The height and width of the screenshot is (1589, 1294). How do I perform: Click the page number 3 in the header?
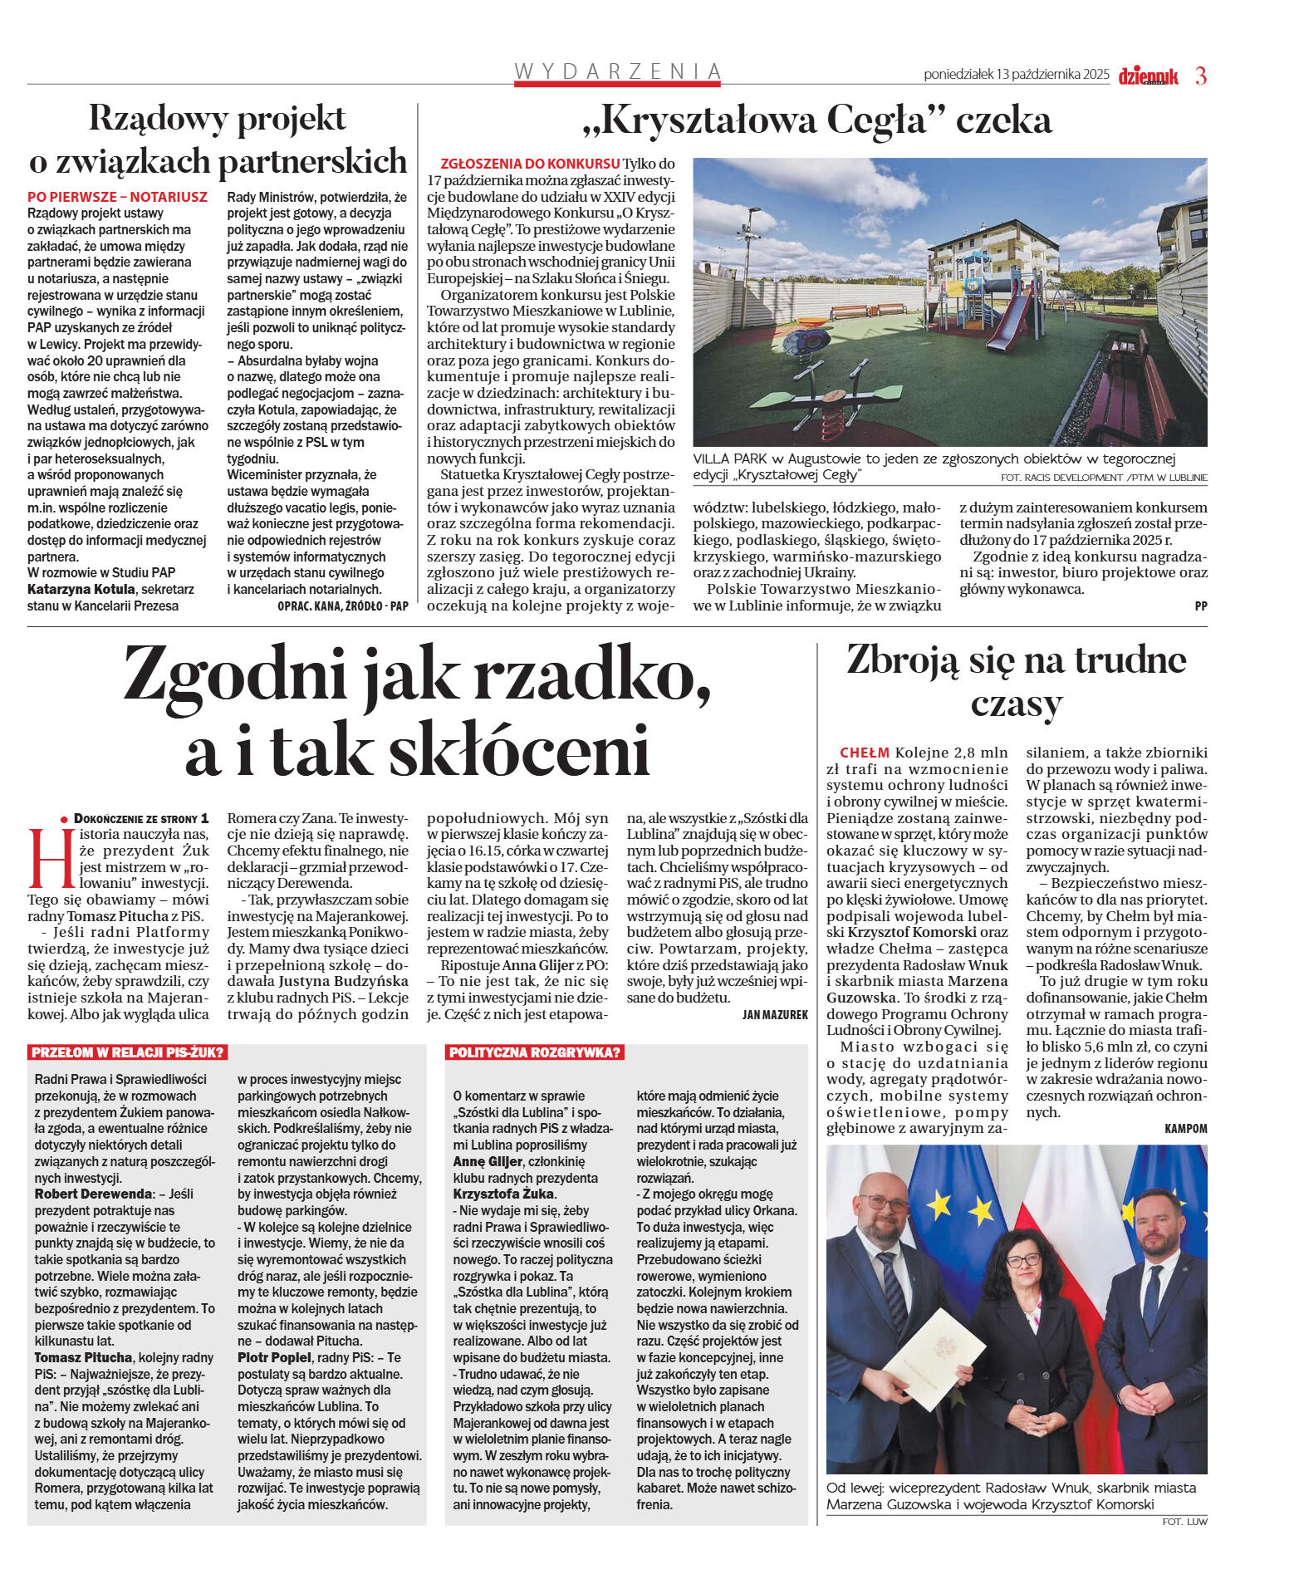pyautogui.click(x=1200, y=76)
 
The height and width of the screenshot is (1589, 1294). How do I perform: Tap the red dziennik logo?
pyautogui.click(x=1148, y=76)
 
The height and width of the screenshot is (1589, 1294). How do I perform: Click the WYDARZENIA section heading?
pyautogui.click(x=617, y=71)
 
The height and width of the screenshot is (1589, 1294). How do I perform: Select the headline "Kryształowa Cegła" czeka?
pyautogui.click(x=817, y=120)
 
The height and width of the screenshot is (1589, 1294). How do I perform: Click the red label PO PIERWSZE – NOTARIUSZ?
pyautogui.click(x=117, y=197)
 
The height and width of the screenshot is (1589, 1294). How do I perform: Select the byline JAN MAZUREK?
pyautogui.click(x=774, y=1014)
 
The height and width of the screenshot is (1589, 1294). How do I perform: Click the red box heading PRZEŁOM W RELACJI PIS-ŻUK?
pyautogui.click(x=127, y=1052)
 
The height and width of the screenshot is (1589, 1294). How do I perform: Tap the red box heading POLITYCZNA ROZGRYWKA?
pyautogui.click(x=535, y=1052)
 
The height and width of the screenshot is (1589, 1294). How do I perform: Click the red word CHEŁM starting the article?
pyautogui.click(x=864, y=753)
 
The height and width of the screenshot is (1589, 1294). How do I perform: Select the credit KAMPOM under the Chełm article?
pyautogui.click(x=1185, y=1128)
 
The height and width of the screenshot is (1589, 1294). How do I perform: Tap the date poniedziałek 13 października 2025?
pyautogui.click(x=1016, y=75)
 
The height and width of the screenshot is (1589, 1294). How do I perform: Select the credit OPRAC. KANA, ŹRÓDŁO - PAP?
pyautogui.click(x=342, y=606)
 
